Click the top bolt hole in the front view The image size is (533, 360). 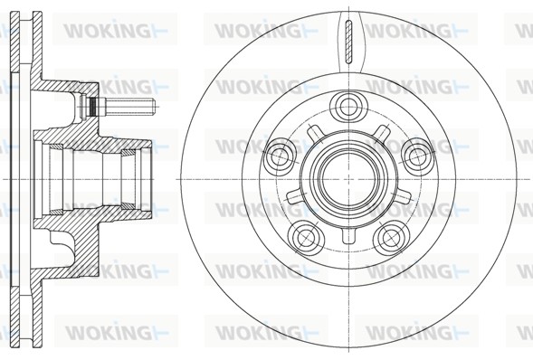coord(349,107)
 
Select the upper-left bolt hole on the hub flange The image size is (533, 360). coord(280,155)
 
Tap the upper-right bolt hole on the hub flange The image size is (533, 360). coord(417,155)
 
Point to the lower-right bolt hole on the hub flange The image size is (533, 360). coord(392,236)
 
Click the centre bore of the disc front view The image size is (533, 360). coord(349,179)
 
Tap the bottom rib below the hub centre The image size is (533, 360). coord(349,235)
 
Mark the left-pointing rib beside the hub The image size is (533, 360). coord(294,196)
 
